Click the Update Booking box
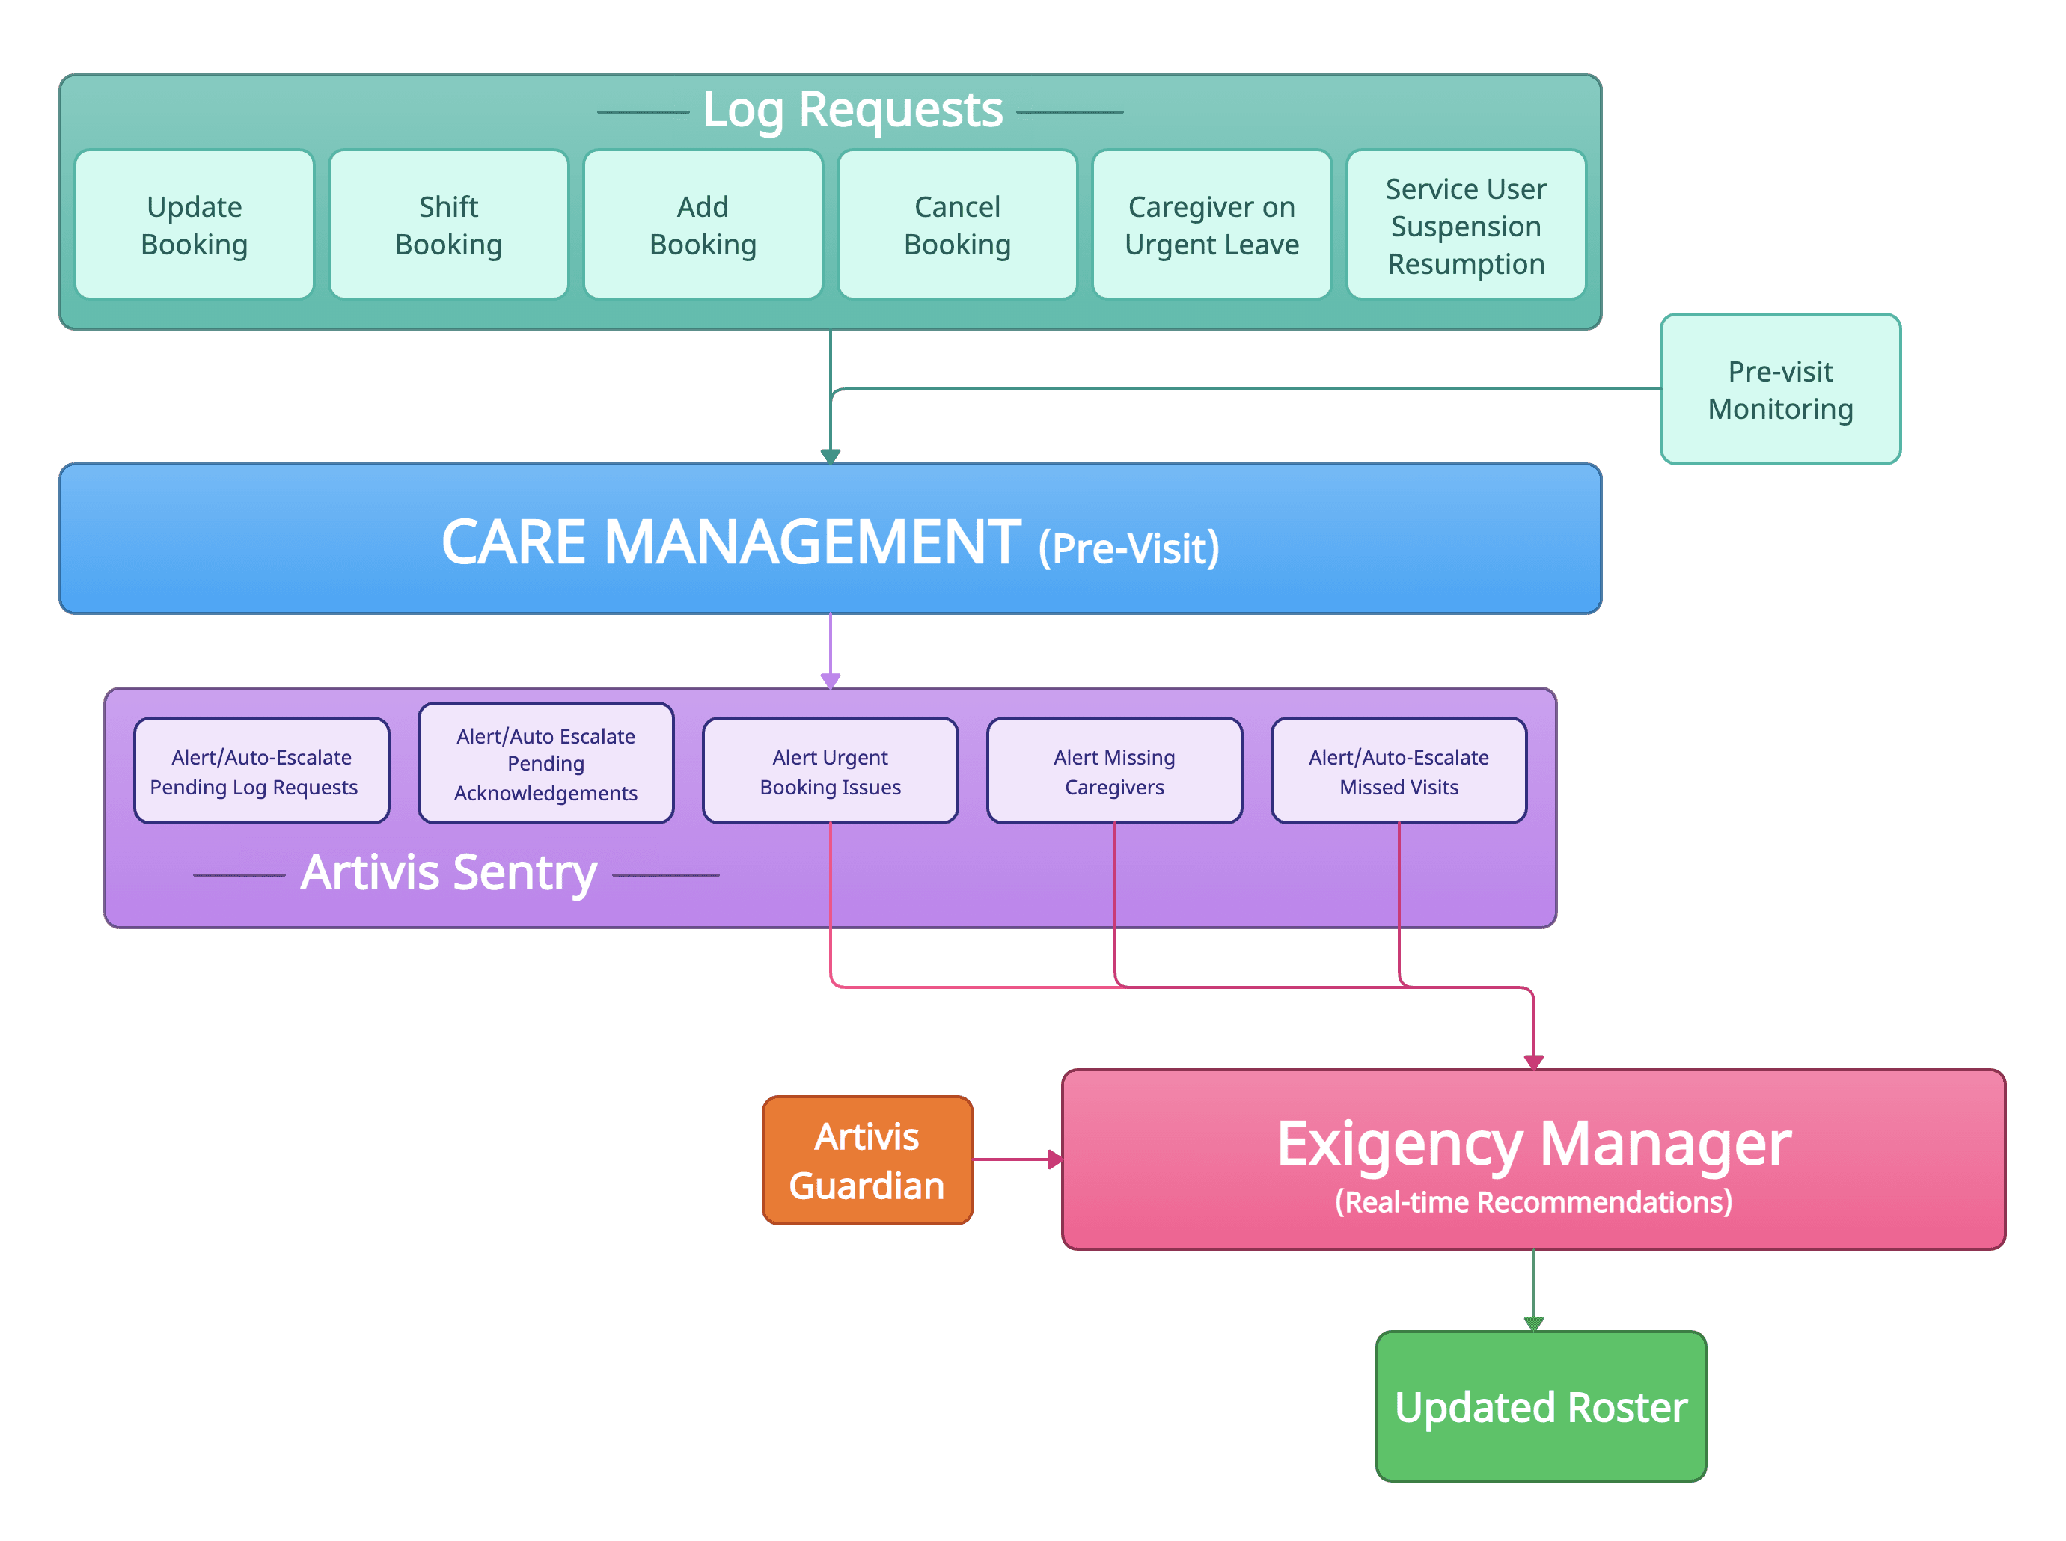click(x=194, y=225)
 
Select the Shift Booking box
click(x=448, y=225)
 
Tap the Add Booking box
click(x=703, y=225)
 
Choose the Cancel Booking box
click(x=957, y=225)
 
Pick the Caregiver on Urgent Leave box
click(x=1211, y=225)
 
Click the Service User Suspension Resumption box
click(x=1466, y=225)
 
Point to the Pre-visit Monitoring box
click(x=1780, y=390)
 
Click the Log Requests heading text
click(x=852, y=110)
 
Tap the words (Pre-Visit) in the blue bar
click(x=1128, y=548)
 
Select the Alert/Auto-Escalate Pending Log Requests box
click(x=261, y=771)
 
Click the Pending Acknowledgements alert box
click(x=546, y=764)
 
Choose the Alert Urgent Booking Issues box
click(x=830, y=771)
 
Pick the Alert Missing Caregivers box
click(x=1114, y=771)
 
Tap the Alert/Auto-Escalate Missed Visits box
click(x=1399, y=771)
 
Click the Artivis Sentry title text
click(x=448, y=873)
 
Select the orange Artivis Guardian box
click(x=867, y=1160)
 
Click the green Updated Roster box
click(x=1541, y=1406)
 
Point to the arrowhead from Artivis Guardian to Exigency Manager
click(x=1055, y=1160)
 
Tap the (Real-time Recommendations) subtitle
click(x=1533, y=1202)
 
